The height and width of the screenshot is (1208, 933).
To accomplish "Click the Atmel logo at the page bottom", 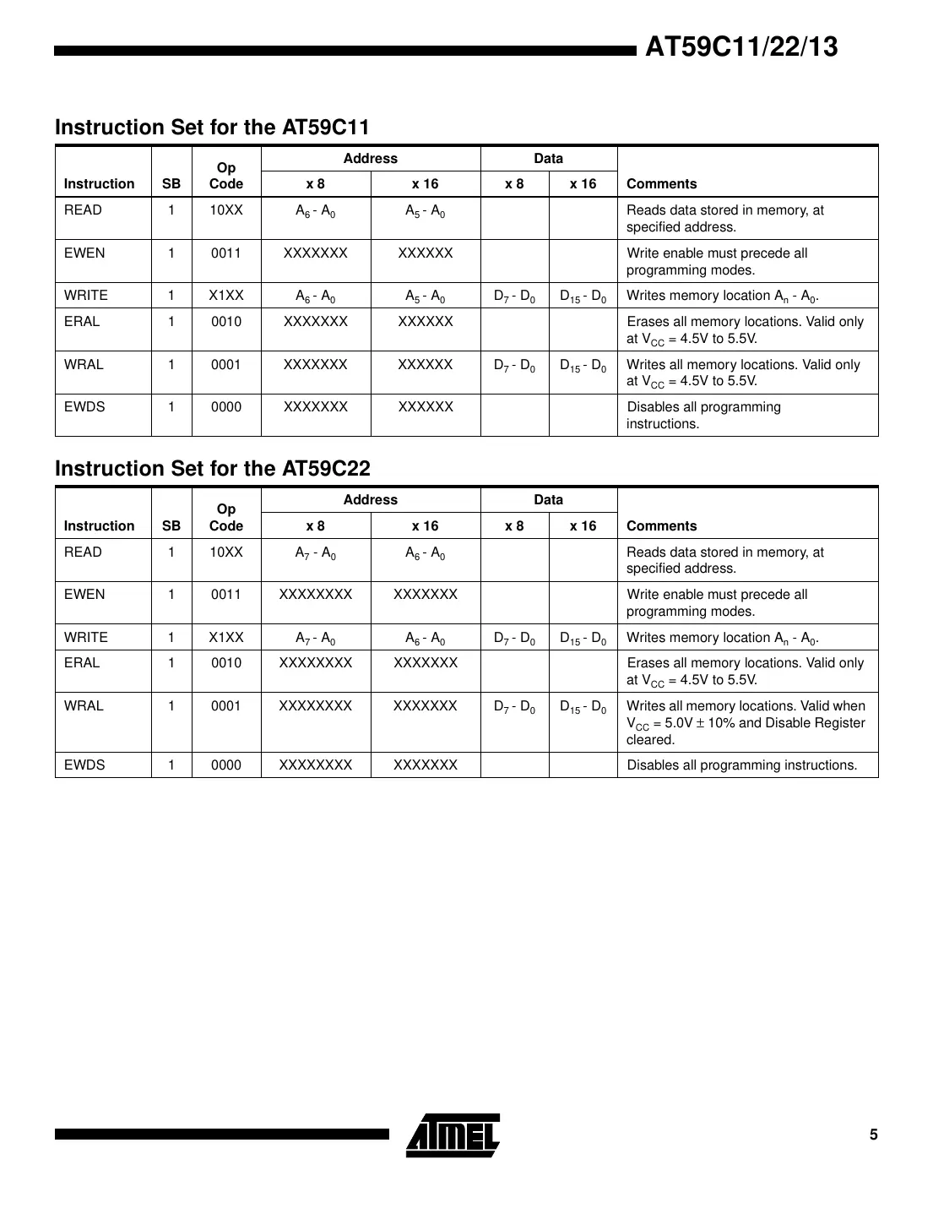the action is [453, 1135].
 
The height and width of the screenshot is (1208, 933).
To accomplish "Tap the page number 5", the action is [873, 1135].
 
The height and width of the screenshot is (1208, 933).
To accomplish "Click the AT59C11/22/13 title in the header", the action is [741, 46].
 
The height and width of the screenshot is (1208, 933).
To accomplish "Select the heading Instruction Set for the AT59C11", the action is [212, 128].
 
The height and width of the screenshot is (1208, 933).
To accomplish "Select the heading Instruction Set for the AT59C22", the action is [212, 469].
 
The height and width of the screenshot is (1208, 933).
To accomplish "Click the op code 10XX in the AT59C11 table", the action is [226, 210].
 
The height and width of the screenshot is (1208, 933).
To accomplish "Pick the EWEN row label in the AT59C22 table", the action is [84, 595].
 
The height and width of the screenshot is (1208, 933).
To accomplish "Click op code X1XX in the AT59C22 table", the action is [226, 638].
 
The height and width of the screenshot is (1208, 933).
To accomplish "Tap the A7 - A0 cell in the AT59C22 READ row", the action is [316, 553].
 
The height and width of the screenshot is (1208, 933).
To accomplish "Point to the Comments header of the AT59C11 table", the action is [661, 184].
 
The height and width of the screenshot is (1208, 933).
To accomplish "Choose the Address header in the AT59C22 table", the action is [370, 500].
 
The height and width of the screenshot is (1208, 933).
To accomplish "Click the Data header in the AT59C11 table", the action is [548, 159].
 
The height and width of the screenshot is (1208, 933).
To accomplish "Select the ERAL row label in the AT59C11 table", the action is [82, 322].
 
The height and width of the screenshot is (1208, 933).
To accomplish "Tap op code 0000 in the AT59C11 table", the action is [226, 407].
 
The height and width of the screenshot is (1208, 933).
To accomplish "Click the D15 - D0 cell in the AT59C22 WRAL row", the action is [583, 707].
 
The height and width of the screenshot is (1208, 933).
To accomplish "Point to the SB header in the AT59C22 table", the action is [171, 526].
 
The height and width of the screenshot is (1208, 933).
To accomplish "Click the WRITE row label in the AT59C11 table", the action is [86, 296].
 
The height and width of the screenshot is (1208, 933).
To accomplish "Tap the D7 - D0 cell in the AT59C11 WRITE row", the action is [514, 297].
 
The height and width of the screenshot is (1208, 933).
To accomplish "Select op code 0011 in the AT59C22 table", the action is [226, 595].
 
